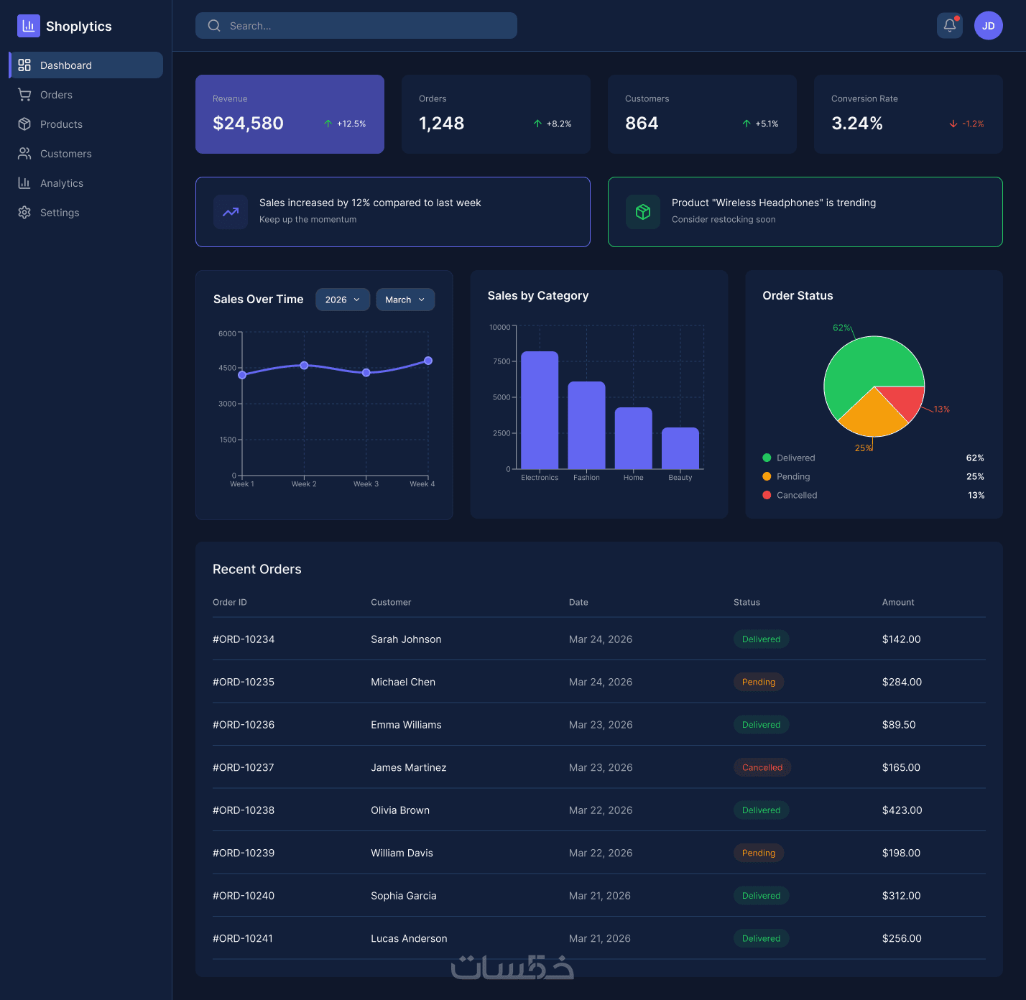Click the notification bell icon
(950, 25)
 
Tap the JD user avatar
(988, 25)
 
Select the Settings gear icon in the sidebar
(24, 213)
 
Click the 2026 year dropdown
(343, 300)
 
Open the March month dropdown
(405, 300)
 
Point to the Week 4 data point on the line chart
(428, 361)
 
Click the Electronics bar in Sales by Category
(540, 410)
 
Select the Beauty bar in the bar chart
(680, 448)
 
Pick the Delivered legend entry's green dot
(767, 458)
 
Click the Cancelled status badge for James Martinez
(762, 767)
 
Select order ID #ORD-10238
(244, 810)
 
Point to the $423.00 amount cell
(902, 810)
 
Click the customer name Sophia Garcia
(403, 896)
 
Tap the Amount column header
(898, 602)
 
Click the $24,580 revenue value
(248, 124)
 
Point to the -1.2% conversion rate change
(973, 124)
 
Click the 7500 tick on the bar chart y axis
(501, 361)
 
